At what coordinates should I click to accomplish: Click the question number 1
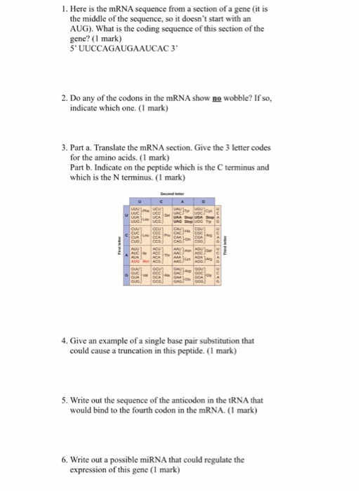coord(64,8)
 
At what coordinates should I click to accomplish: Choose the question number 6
coord(65,460)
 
